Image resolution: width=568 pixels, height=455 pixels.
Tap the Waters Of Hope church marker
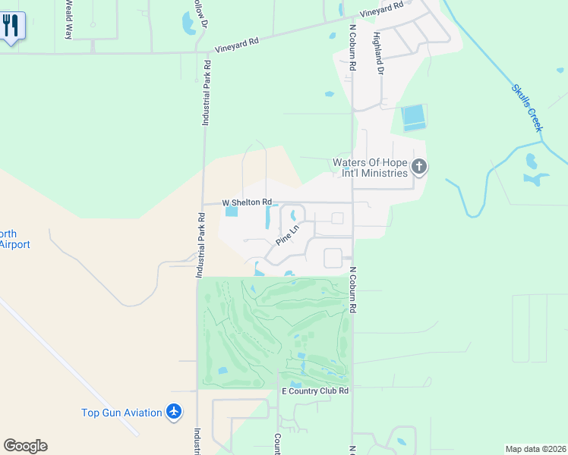coord(419,167)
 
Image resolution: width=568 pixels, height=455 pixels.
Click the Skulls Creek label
coord(527,108)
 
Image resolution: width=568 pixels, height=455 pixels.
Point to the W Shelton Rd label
coord(247,202)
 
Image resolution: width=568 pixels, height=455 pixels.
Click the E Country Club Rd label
coord(315,391)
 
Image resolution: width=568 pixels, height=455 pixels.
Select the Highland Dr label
coord(377,52)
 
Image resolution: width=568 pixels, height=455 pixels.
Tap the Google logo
coord(25,446)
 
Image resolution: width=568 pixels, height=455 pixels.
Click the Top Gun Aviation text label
coord(121,413)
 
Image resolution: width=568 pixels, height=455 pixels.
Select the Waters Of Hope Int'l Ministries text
coord(371,168)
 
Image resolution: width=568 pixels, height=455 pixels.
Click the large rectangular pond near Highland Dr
coord(414,116)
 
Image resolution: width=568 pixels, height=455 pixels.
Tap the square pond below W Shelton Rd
coord(232,212)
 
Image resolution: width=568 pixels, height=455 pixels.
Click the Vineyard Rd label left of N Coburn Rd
coord(236,43)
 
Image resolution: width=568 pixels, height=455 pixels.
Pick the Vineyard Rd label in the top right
coord(382,9)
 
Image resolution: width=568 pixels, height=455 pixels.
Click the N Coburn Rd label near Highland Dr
coord(353,47)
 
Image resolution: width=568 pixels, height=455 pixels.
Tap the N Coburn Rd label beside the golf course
coord(353,292)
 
